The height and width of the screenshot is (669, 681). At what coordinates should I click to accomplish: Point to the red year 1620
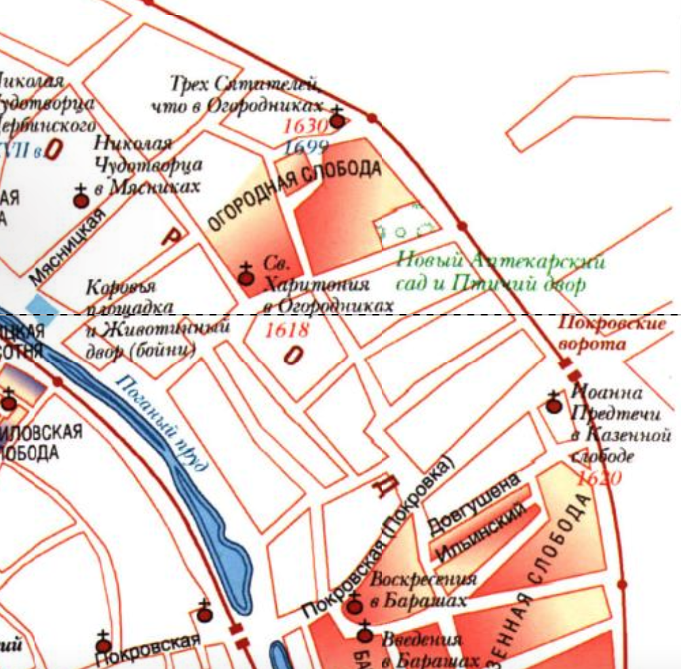coord(598,478)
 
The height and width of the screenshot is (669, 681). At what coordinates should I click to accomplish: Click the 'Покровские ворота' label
coord(612,333)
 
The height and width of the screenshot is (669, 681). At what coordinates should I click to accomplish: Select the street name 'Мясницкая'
coord(69,246)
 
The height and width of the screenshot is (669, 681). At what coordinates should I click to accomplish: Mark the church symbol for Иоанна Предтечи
coord(554,405)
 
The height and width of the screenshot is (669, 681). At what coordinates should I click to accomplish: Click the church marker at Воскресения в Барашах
coord(354,605)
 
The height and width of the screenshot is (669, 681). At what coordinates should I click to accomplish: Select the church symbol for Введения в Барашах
coord(366,634)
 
